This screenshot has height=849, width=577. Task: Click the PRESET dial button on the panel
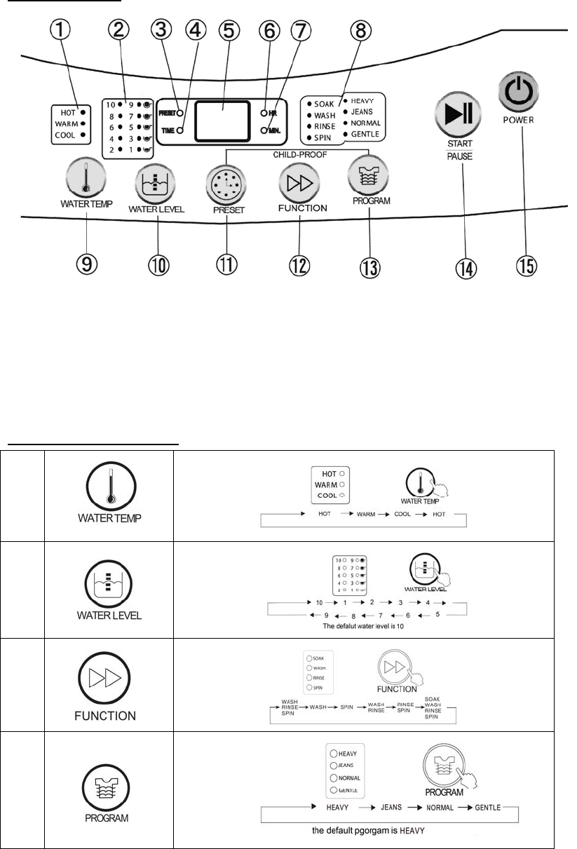[226, 182]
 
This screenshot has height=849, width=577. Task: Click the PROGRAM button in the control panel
[367, 179]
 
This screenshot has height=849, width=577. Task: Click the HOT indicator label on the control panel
[68, 112]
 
